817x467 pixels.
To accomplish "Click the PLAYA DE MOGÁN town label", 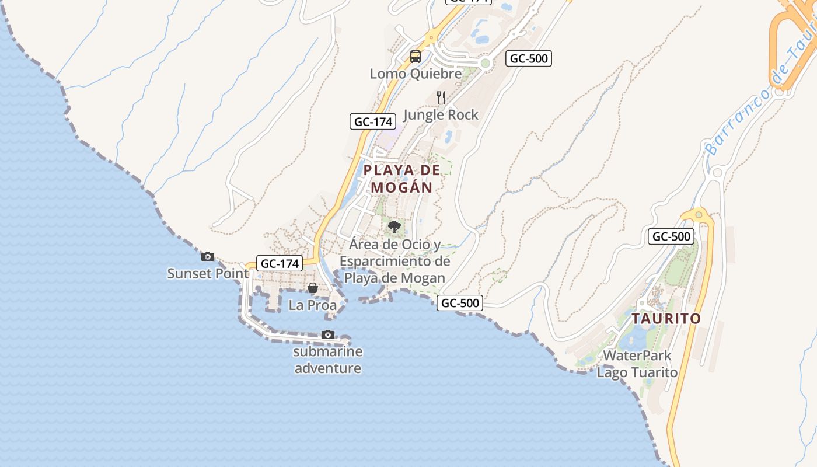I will pos(401,179).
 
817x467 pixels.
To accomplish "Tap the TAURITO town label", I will pos(666,319).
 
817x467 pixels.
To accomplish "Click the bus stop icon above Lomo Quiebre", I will pos(416,57).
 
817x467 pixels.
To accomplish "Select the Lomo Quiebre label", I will pos(416,74).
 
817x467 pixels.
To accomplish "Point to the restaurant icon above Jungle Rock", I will pos(441,97).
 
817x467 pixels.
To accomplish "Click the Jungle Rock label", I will pos(441,115).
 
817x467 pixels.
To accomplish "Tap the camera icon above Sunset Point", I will pos(208,256).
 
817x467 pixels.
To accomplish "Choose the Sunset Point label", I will pos(208,273).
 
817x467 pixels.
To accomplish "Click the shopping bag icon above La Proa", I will pos(313,288).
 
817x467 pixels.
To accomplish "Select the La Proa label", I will pos(313,305).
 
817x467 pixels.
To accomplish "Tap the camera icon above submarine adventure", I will pos(328,335).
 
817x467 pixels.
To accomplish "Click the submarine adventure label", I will pos(328,360).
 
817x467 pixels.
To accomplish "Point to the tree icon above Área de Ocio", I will pos(394,226).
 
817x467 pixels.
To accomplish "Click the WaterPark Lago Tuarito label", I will pos(637,364).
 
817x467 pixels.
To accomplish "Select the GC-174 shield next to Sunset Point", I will pos(280,263).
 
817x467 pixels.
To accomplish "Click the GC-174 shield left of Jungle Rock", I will pos(373,121).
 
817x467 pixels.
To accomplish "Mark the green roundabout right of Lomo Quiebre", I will pos(485,63).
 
